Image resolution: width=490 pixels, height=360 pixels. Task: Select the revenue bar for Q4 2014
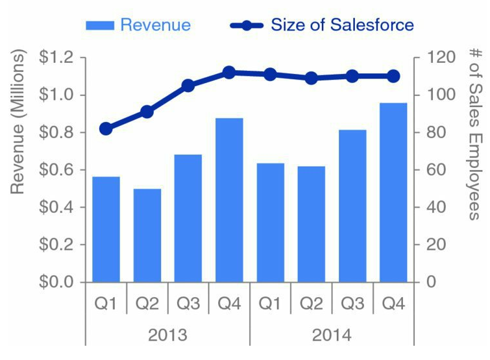393,193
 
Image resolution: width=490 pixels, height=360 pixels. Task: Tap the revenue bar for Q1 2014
271,222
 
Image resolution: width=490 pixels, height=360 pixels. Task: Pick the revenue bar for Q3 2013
188,218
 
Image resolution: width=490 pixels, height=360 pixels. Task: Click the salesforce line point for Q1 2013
106,128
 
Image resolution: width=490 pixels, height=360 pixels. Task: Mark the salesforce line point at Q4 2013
229,73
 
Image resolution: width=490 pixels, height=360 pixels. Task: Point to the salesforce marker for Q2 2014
312,78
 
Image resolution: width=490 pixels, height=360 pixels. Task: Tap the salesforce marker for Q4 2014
393,76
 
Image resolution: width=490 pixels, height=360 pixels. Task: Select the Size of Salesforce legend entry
323,25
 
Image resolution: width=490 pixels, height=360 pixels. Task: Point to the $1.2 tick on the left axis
58,58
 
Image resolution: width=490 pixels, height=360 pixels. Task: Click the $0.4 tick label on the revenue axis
58,208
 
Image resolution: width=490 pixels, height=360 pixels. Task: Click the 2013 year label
167,335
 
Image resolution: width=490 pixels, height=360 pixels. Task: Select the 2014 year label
332,335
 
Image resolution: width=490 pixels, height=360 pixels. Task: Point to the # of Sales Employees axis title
476,134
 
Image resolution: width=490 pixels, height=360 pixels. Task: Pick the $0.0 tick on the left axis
58,282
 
